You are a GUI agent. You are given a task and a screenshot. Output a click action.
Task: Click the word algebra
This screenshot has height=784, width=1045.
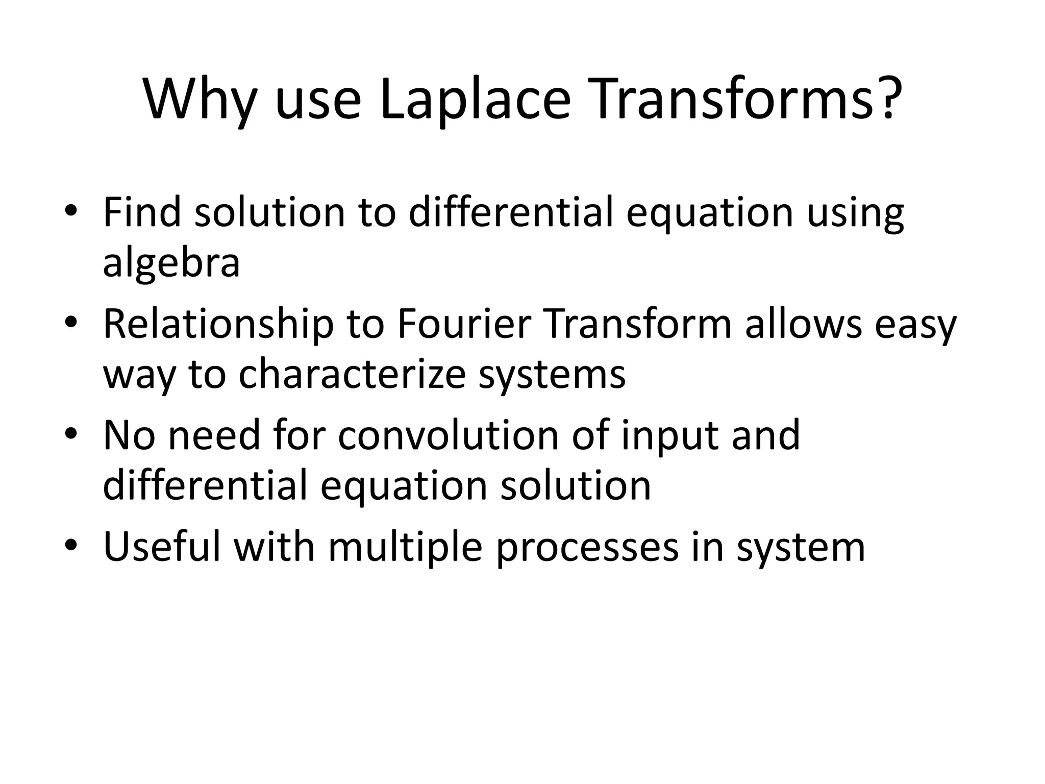[x=171, y=263]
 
